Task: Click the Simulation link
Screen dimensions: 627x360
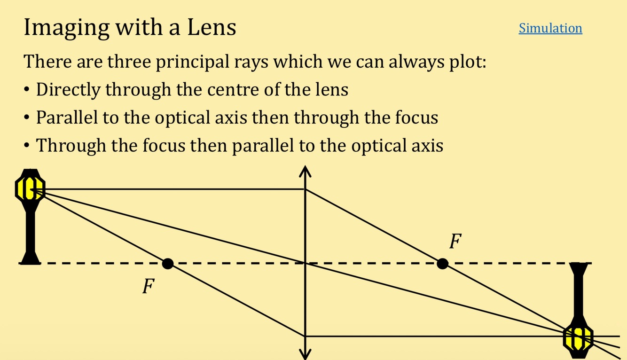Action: [550, 28]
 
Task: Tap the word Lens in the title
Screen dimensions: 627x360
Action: [212, 27]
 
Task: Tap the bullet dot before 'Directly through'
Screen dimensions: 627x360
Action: [28, 89]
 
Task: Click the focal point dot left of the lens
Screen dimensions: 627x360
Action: [167, 264]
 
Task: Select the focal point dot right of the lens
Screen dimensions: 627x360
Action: [442, 264]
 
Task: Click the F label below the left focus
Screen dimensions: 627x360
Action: [149, 286]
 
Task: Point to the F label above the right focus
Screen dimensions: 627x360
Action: [455, 242]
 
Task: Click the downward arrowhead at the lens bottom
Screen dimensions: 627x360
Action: [306, 353]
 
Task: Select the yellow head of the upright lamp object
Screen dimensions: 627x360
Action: [30, 188]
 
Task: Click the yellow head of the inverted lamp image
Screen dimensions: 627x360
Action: [578, 337]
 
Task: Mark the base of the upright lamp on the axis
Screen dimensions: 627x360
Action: [30, 258]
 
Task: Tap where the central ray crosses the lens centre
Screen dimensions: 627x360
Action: [306, 263]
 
